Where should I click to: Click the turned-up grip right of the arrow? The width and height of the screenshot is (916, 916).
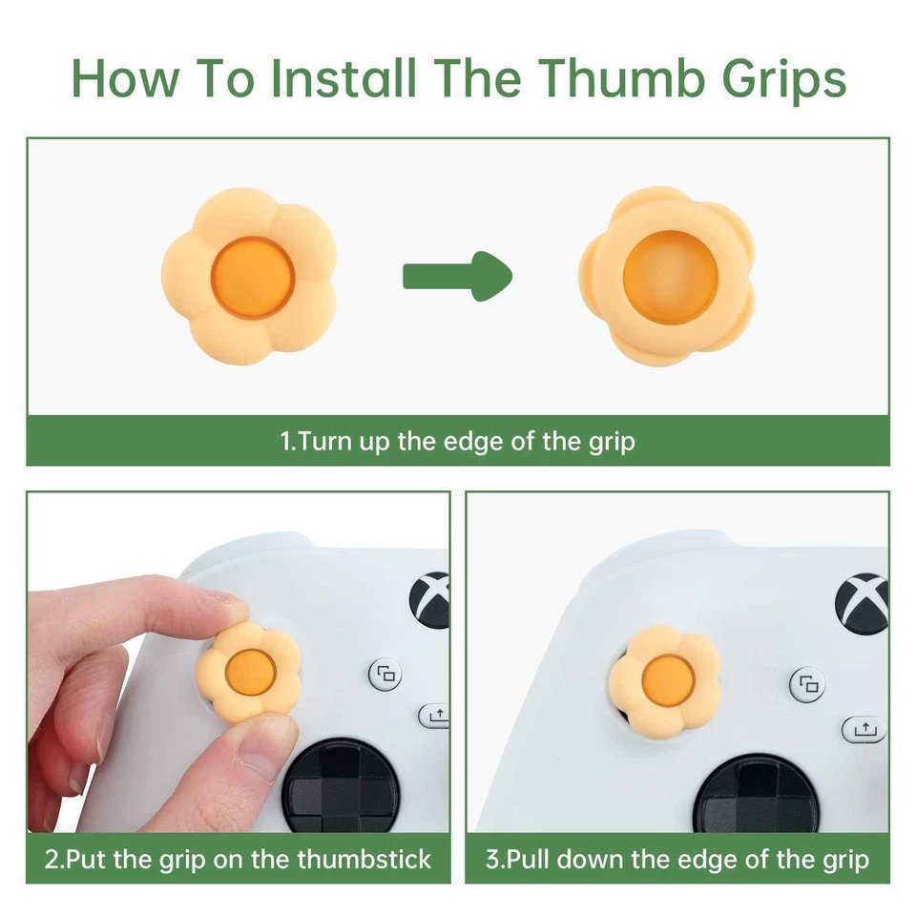click(666, 276)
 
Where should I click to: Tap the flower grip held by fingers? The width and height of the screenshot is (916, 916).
click(248, 672)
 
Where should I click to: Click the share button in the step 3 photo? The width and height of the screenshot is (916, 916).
click(864, 729)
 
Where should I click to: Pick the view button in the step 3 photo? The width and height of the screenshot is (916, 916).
click(809, 684)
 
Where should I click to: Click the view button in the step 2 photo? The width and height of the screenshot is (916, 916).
click(385, 676)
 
